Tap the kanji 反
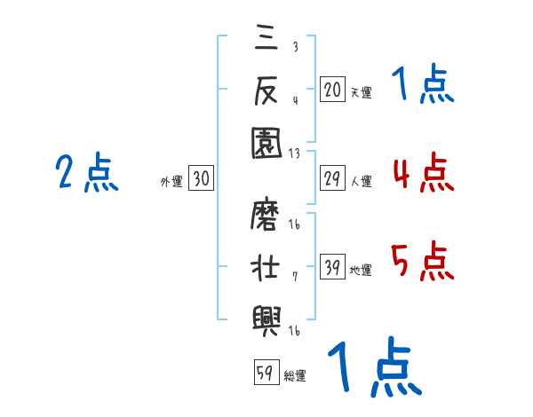click(x=266, y=89)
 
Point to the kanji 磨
click(x=266, y=216)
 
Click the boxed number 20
click(x=332, y=90)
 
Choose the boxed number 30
click(x=201, y=179)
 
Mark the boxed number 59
click(x=265, y=373)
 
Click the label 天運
click(x=360, y=92)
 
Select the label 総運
click(x=294, y=375)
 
